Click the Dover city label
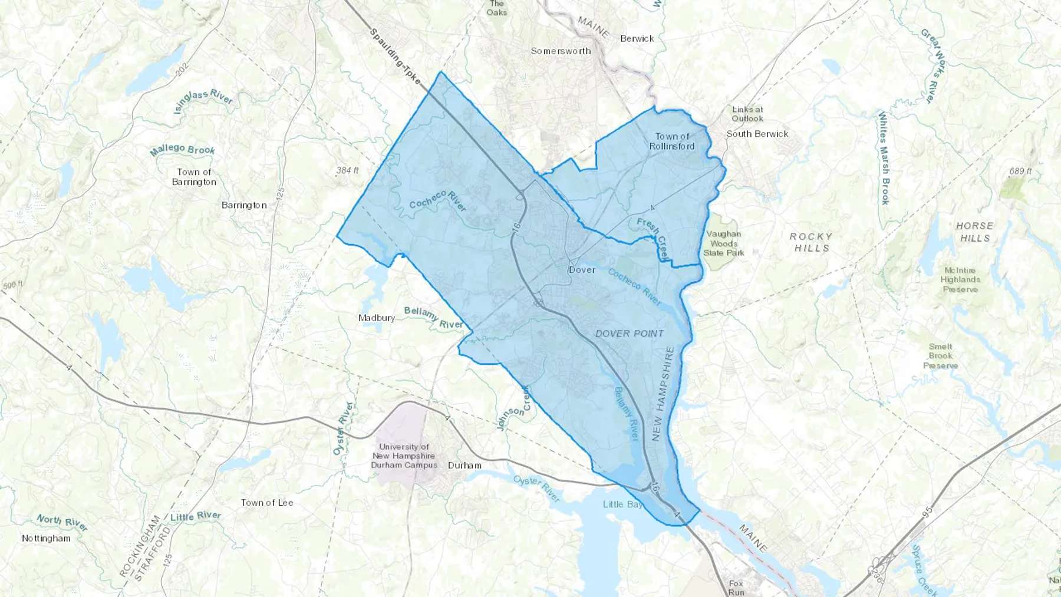point(582,270)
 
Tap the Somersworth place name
point(561,51)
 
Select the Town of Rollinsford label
point(672,141)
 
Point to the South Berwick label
point(757,134)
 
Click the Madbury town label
point(377,318)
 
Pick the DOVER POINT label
point(630,334)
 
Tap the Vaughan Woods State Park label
point(724,243)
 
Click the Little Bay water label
point(622,504)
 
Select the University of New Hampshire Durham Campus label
point(404,456)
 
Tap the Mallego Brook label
point(182,150)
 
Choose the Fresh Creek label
point(654,237)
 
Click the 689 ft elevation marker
point(1020,171)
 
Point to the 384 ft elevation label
point(347,170)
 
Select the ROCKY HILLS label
point(811,242)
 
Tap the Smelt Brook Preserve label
point(940,356)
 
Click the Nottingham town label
point(46,538)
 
